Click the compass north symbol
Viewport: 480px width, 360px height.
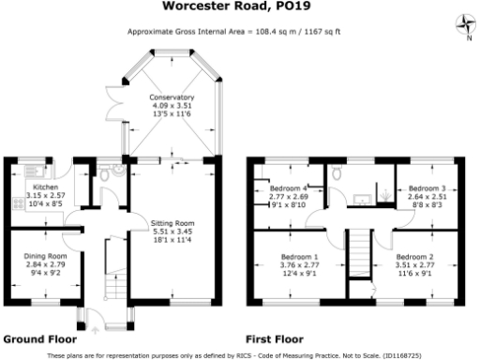pyautogui.click(x=462, y=24)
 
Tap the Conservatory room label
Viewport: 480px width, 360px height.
pyautogui.click(x=172, y=97)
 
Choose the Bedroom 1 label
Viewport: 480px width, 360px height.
pyautogui.click(x=300, y=256)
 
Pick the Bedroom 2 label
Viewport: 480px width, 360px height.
pyautogui.click(x=413, y=256)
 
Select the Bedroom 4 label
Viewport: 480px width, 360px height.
pyautogui.click(x=288, y=189)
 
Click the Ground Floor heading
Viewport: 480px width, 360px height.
pyautogui.click(x=40, y=337)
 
